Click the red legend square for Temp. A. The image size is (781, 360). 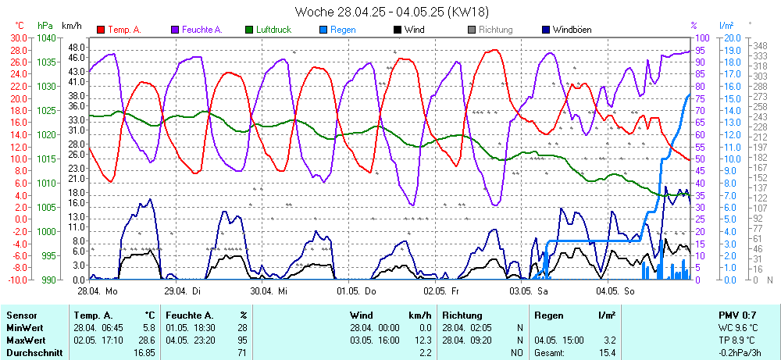pyautogui.click(x=101, y=30)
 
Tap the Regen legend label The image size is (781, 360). pyautogui.click(x=343, y=30)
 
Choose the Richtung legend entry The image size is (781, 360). pyautogui.click(x=495, y=30)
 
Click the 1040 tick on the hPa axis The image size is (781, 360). pyautogui.click(x=46, y=37)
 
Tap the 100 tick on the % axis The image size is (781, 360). pyautogui.click(x=701, y=37)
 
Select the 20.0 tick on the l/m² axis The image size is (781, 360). pyautogui.click(x=732, y=37)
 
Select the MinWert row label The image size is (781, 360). pyautogui.click(x=24, y=328)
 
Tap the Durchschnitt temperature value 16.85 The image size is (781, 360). pyautogui.click(x=143, y=354)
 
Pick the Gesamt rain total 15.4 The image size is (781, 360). pyautogui.click(x=607, y=354)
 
